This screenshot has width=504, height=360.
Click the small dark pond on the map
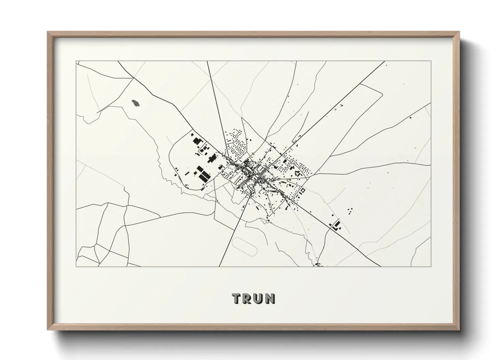tap(136, 102)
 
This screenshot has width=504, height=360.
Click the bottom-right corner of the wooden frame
tap(459, 329)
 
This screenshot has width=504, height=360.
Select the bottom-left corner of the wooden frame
tap(48, 329)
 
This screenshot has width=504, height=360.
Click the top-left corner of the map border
tap(76, 61)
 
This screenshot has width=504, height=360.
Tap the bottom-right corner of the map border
tap(431, 266)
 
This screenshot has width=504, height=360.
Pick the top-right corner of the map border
tap(431, 61)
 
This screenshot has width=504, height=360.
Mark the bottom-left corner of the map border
tap(76, 266)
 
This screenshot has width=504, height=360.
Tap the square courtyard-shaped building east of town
tap(301, 190)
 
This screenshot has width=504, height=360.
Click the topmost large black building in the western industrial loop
tap(197, 141)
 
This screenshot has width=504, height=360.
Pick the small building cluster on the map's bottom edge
tap(318, 264)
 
